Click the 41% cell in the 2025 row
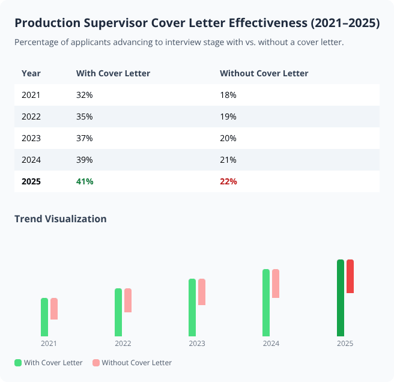(85, 181)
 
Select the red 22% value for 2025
(228, 181)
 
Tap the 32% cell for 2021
(85, 95)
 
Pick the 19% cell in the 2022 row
(228, 117)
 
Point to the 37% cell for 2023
(85, 138)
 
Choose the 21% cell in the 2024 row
(228, 160)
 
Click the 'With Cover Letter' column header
(113, 73)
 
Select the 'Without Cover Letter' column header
(264, 73)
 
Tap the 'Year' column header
(31, 73)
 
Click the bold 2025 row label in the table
(31, 181)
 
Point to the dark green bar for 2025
(341, 298)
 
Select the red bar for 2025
(350, 276)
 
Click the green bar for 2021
(44, 317)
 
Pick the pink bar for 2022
(128, 300)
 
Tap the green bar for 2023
(192, 308)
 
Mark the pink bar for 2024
(276, 283)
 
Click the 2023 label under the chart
(197, 344)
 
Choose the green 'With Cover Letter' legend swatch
(18, 363)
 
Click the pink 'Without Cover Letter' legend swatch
(96, 363)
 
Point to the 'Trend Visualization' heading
(61, 219)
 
